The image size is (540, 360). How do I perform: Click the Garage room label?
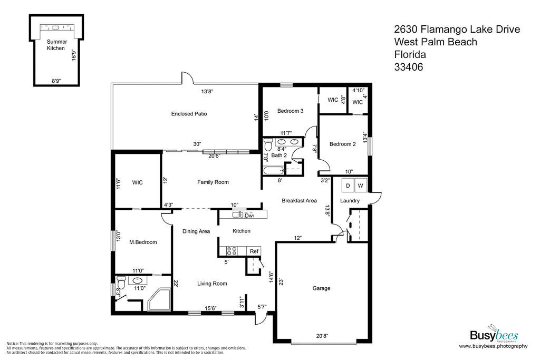[321, 288]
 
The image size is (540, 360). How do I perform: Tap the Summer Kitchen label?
[56, 45]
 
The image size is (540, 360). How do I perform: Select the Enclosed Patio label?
[189, 113]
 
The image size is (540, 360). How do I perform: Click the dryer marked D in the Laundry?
[348, 186]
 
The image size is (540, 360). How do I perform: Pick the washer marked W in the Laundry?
[361, 186]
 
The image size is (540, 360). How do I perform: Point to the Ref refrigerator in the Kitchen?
[254, 251]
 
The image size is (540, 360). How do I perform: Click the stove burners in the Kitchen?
[232, 251]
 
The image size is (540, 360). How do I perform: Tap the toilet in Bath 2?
[267, 144]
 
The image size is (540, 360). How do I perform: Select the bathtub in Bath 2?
[274, 170]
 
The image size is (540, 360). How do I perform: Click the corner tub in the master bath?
[159, 299]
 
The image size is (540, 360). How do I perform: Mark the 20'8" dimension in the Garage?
[322, 336]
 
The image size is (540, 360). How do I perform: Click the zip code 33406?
[409, 67]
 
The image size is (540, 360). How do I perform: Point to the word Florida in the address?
[410, 54]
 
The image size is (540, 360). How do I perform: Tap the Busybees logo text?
[494, 335]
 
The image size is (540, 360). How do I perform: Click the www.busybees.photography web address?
[493, 346]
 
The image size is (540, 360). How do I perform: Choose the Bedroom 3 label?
[291, 111]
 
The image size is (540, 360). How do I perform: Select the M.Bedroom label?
[143, 242]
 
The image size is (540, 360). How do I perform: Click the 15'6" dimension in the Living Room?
[210, 308]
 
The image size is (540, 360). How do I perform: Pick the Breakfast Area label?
[300, 200]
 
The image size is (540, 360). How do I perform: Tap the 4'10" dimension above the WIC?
[358, 91]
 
